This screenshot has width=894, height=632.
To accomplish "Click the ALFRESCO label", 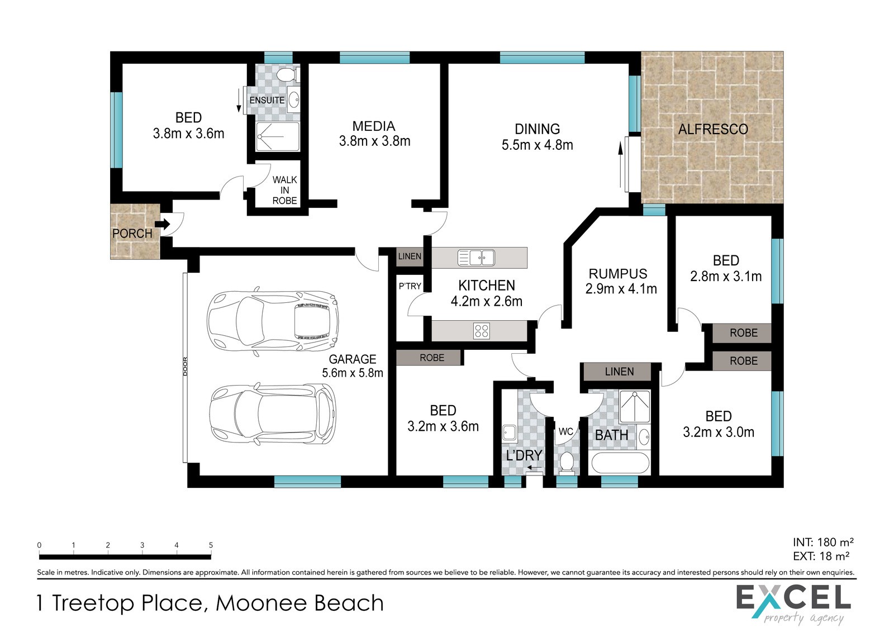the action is coord(713,129).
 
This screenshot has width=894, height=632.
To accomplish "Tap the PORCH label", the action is coord(132,234).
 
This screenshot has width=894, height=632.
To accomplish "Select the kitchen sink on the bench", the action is coord(475,258).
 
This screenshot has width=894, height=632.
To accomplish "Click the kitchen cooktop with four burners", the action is coord(481,331).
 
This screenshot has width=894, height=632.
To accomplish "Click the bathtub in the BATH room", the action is coord(620,463).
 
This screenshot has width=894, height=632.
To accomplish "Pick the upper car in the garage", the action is coord(273,321).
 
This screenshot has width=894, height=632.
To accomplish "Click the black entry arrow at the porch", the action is coord(162,224).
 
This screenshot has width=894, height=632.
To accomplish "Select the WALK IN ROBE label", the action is coord(284,191).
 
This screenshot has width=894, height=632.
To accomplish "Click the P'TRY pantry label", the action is coord(410,286).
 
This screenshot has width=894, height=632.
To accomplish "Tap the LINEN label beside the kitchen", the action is coord(410,256).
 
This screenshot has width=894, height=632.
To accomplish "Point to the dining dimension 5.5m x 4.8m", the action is coord(537,145).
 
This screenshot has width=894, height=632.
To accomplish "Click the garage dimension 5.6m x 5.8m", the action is coord(353,373).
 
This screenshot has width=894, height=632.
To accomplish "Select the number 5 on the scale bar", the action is coord(211,545).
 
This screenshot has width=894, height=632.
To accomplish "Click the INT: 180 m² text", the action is coord(823,542).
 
